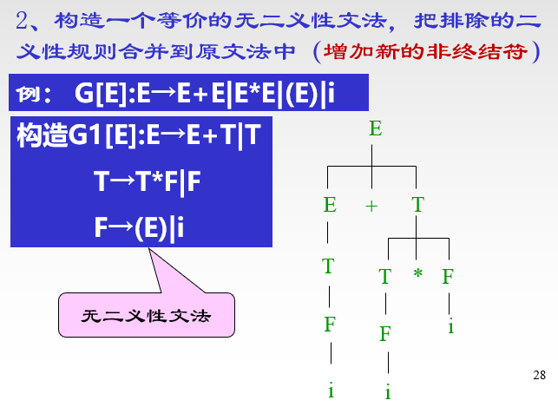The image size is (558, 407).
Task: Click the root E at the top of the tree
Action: (x=375, y=129)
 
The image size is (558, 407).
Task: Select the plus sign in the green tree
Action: (x=372, y=206)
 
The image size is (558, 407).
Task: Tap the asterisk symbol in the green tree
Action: (x=417, y=275)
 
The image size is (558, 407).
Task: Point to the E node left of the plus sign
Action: (x=330, y=205)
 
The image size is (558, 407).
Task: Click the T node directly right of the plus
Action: (x=417, y=205)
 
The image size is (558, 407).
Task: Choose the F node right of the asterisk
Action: (x=448, y=277)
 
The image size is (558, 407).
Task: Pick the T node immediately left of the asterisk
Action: (x=385, y=277)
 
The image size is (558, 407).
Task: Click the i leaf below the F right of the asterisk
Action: (x=450, y=326)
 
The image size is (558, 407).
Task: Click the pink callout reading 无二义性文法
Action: (x=147, y=315)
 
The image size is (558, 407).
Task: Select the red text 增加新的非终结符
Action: (x=425, y=50)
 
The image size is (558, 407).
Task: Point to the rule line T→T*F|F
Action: (x=148, y=181)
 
